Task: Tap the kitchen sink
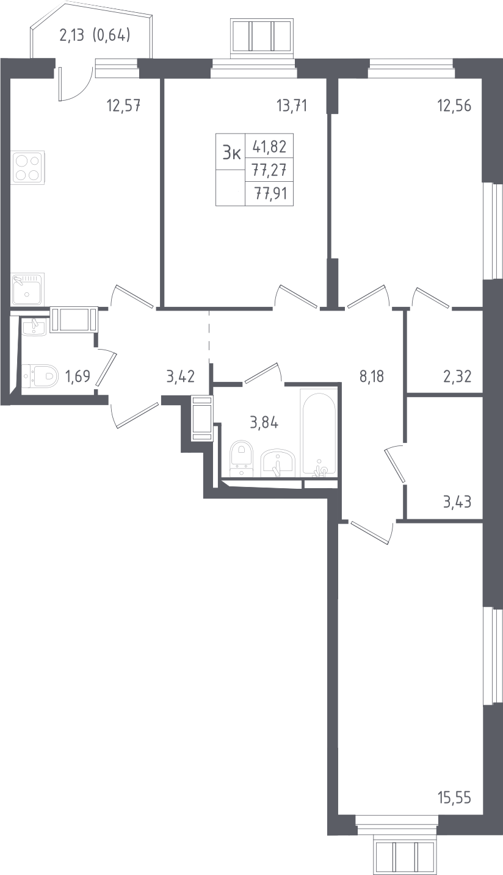tap(27, 289)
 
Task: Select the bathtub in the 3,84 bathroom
tap(318, 433)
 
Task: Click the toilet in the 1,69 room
tap(39, 376)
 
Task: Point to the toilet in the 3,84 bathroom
tap(242, 459)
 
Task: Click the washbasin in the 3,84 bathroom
tap(279, 463)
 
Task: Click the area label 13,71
tap(292, 106)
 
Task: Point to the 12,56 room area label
tap(454, 106)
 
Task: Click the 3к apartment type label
tap(231, 151)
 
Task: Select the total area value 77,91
tap(271, 193)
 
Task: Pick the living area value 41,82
tap(270, 146)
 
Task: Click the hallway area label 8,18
tap(372, 377)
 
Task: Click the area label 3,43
tap(457, 502)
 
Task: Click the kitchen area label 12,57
tap(123, 106)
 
